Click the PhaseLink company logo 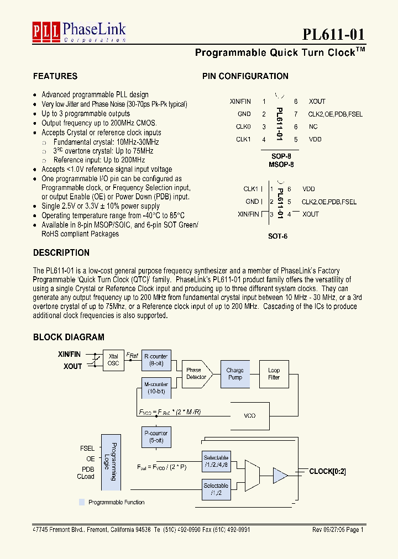pyautogui.click(x=79, y=32)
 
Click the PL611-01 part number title pyautogui.click(x=333, y=34)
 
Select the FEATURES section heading pyautogui.click(x=55, y=76)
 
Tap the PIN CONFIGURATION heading pyautogui.click(x=245, y=76)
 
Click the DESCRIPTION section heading pyautogui.click(x=61, y=252)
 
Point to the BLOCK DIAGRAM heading pyautogui.click(x=69, y=337)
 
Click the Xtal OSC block pyautogui.click(x=113, y=360)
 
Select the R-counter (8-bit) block pyautogui.click(x=155, y=360)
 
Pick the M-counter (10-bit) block pyautogui.click(x=155, y=387)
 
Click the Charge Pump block pyautogui.click(x=235, y=374)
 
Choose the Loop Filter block pyautogui.click(x=274, y=374)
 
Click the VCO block pyautogui.click(x=250, y=415)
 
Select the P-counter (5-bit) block pyautogui.click(x=155, y=436)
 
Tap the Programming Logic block pyautogui.click(x=111, y=461)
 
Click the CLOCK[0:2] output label pyautogui.click(x=327, y=472)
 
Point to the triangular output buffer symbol pyautogui.click(x=280, y=474)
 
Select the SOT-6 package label pyautogui.click(x=278, y=236)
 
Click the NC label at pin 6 pyautogui.click(x=313, y=126)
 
